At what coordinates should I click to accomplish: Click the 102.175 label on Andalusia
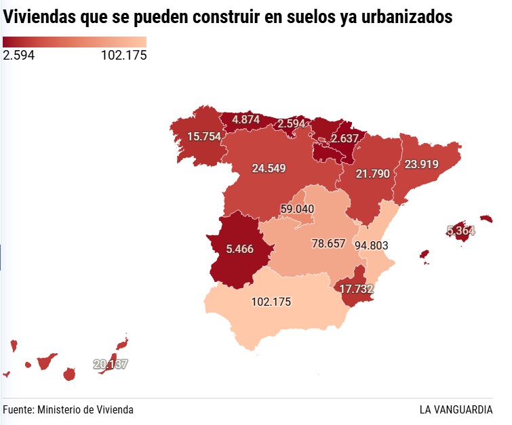pos(271,302)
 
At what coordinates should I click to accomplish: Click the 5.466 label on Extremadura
pos(240,249)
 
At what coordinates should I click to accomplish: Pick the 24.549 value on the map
pos(269,169)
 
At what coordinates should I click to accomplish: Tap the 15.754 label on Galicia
pos(204,136)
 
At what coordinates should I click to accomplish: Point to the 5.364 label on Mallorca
pos(460,230)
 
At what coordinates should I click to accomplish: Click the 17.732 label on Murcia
pos(356,289)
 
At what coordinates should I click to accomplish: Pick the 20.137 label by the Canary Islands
pos(111,365)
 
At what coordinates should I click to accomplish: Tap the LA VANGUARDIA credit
pos(456,409)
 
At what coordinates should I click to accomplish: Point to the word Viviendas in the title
pos(39,17)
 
